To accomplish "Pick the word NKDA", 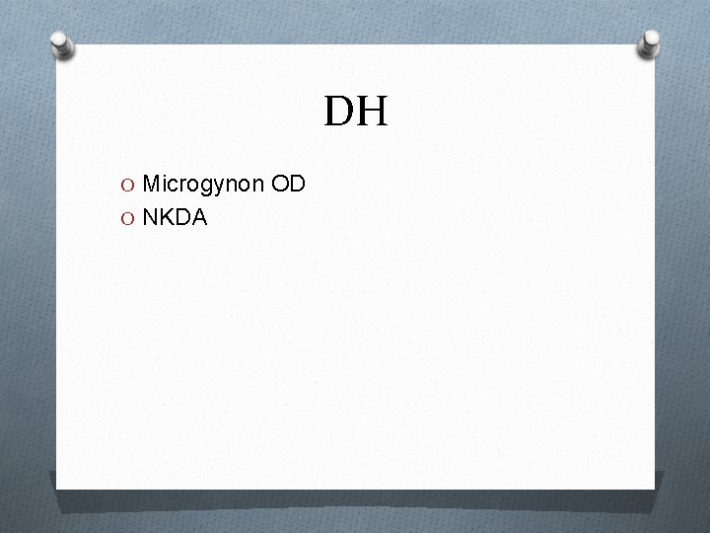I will point(174,217).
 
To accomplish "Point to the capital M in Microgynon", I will point(151,184).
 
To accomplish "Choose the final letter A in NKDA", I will point(199,217).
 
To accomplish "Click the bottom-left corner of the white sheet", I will point(57,487).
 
